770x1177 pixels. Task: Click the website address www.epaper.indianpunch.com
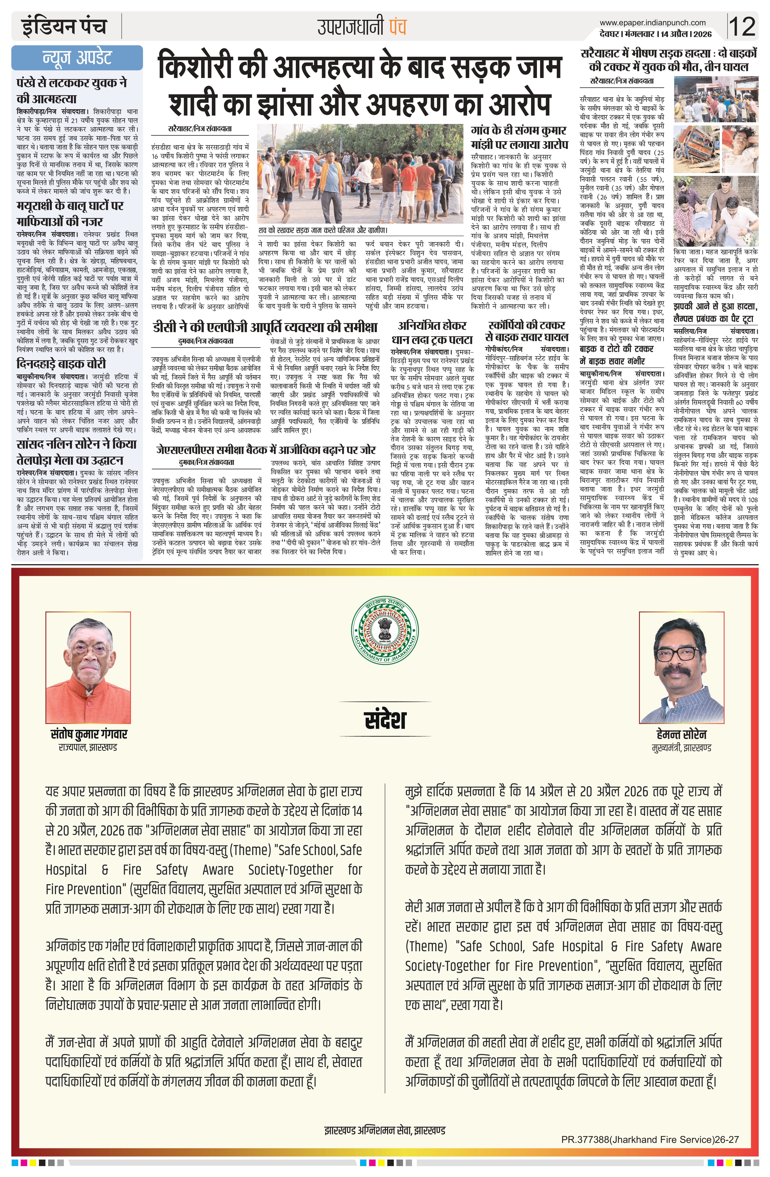652,22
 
